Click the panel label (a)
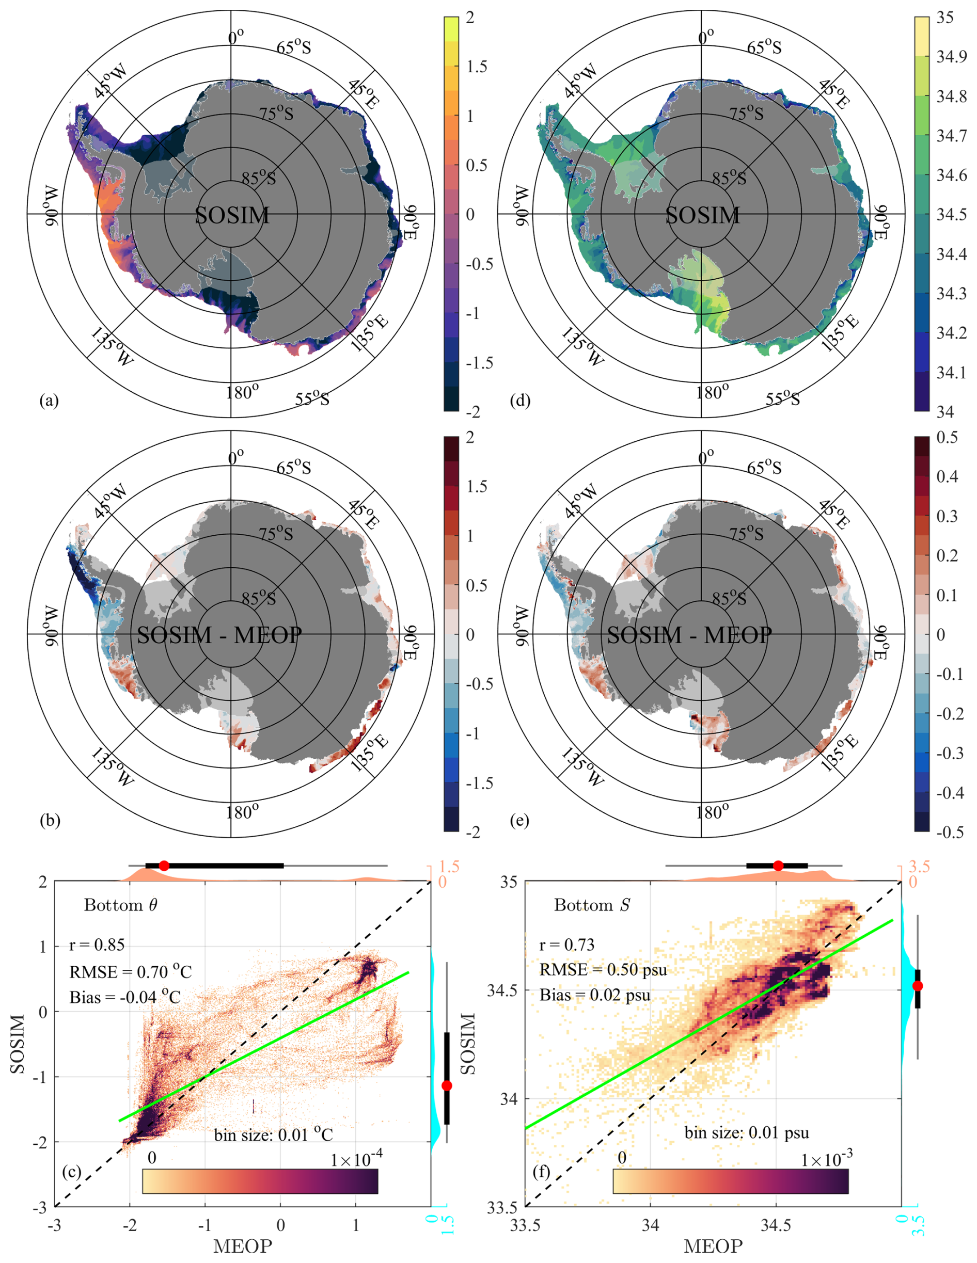click(x=49, y=400)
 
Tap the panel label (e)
click(x=519, y=820)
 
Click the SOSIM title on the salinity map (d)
click(x=702, y=216)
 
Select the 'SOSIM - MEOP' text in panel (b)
click(x=219, y=635)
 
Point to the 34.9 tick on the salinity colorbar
click(x=952, y=57)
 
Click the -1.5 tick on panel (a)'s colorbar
click(x=480, y=363)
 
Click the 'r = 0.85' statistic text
click(x=97, y=945)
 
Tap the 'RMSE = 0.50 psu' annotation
click(x=603, y=970)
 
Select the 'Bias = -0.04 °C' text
click(x=125, y=997)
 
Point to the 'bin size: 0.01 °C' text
click(x=274, y=1135)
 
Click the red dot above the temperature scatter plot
click(x=164, y=866)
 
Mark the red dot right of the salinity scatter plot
click(x=918, y=986)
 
